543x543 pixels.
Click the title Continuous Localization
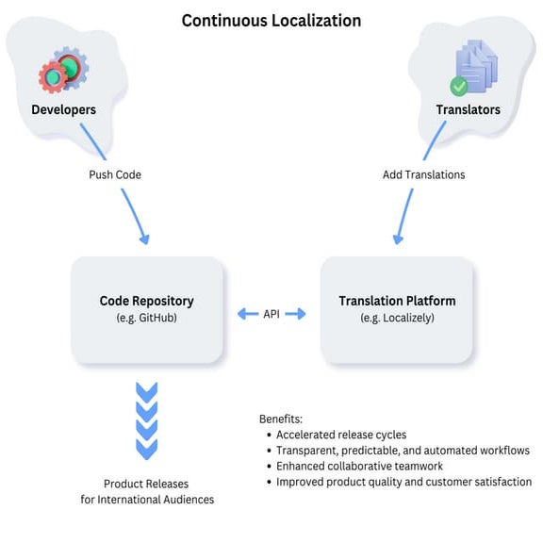tap(271, 20)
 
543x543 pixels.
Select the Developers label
tap(63, 109)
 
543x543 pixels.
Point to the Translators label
tap(469, 109)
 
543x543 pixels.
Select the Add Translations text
tap(423, 174)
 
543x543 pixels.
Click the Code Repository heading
tap(147, 301)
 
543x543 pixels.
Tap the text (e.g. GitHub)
tap(147, 319)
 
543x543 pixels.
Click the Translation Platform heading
tap(397, 301)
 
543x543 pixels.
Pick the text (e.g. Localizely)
tap(397, 319)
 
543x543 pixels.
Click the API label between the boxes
tap(271, 313)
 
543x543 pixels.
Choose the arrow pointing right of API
tap(297, 313)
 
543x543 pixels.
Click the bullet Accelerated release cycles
tap(341, 435)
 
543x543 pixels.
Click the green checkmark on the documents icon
tap(459, 87)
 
